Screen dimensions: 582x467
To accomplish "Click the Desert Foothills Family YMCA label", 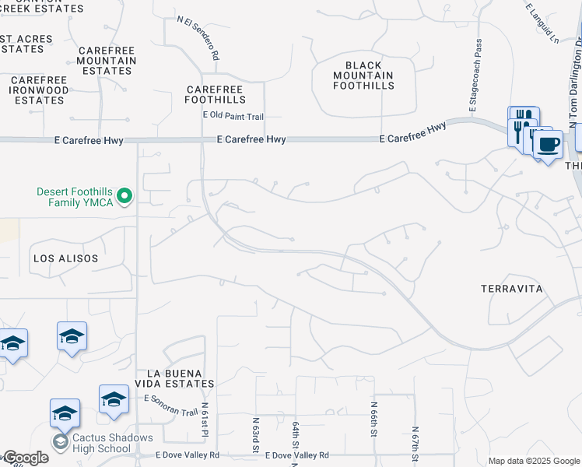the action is (75, 197).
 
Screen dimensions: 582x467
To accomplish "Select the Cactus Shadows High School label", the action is (113, 443).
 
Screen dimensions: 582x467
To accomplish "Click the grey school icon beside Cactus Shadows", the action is (61, 442).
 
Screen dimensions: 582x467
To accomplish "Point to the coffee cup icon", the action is (549, 144).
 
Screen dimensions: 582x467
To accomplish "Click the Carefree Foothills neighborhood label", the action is (216, 94).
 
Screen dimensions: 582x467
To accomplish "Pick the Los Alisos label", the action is (66, 257).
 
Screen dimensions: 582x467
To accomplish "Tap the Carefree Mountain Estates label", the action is (106, 61).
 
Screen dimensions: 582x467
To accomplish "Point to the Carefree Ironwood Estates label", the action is (40, 90).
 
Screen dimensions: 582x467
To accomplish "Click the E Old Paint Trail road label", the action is (233, 116).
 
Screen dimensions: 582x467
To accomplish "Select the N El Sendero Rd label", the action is (199, 40).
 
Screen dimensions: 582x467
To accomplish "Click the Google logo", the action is (26, 458).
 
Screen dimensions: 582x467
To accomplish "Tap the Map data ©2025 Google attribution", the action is (533, 461).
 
